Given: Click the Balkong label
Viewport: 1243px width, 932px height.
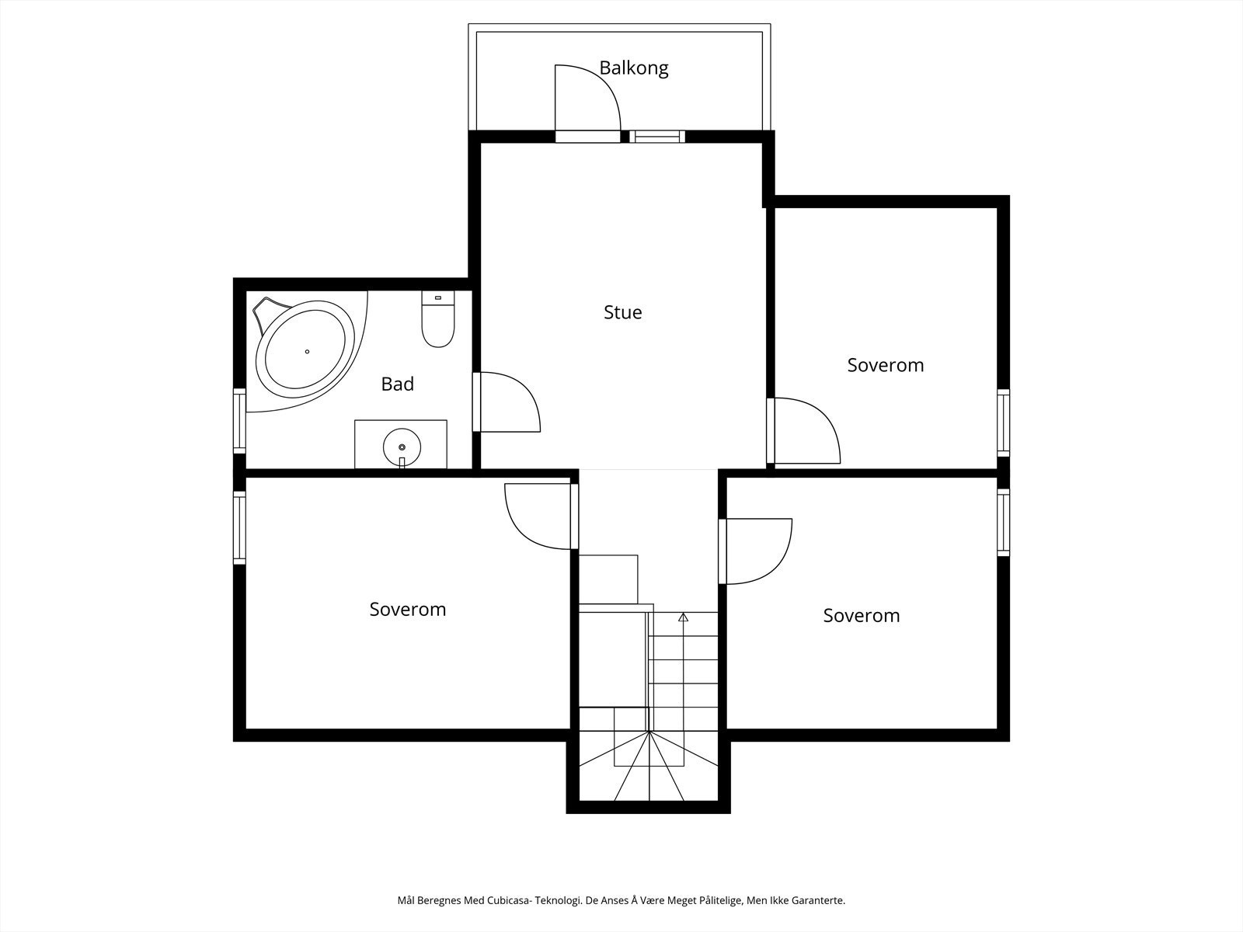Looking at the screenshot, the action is [x=634, y=68].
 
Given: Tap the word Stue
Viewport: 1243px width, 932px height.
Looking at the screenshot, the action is [x=623, y=312].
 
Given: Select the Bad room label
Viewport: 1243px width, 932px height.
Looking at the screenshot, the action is [x=398, y=384].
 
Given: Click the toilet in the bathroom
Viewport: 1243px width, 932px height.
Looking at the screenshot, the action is [x=438, y=319].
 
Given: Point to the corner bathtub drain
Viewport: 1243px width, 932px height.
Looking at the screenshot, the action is [x=307, y=351].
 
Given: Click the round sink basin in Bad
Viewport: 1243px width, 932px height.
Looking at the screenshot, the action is [x=402, y=447].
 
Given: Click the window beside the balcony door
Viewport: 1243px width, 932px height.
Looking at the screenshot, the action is [x=657, y=137].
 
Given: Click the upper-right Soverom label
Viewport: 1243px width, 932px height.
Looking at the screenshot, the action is [x=886, y=366].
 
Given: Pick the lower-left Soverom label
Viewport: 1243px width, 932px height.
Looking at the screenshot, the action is [x=408, y=610].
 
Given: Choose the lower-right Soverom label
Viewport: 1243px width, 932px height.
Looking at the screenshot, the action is [x=862, y=616].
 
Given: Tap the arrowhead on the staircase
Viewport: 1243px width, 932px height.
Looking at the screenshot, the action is [x=684, y=617].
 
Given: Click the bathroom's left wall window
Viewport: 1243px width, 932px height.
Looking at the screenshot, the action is [x=239, y=420].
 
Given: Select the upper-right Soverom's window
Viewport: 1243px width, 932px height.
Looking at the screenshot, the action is [x=1004, y=423].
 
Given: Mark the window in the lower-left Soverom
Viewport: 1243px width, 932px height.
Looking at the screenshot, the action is [x=239, y=527].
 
